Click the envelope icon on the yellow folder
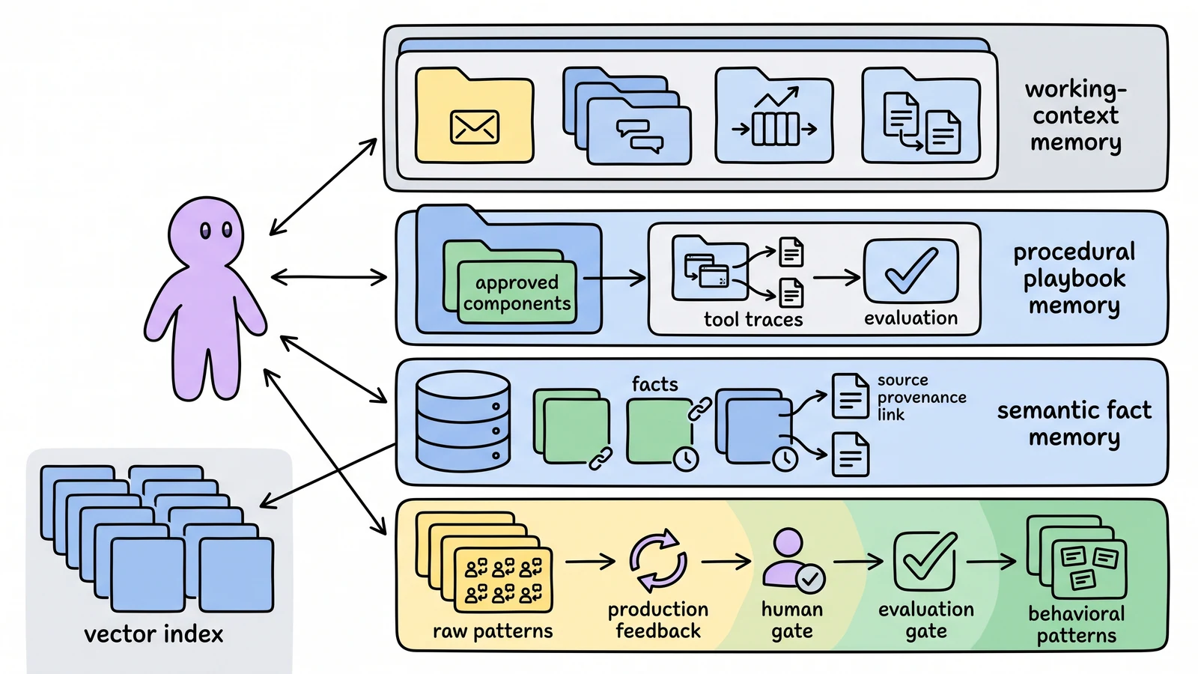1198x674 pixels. (x=475, y=127)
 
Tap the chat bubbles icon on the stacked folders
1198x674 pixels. (x=639, y=136)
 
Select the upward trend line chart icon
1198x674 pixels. (x=776, y=97)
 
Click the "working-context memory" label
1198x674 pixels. (x=1075, y=115)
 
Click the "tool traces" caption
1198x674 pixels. (x=753, y=319)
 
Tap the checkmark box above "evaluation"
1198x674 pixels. (x=910, y=271)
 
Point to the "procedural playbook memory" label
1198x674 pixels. (x=1074, y=279)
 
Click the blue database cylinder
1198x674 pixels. (x=463, y=422)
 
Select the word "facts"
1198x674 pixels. (x=654, y=384)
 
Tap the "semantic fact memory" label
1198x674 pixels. (x=1074, y=424)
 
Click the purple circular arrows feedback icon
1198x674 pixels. (x=658, y=561)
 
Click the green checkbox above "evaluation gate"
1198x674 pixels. (x=925, y=561)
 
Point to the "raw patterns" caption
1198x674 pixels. (x=493, y=631)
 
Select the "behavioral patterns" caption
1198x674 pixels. (x=1077, y=625)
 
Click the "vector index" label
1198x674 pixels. (x=153, y=634)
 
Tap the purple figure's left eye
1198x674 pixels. (x=205, y=231)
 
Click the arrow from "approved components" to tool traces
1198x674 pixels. (x=614, y=278)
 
